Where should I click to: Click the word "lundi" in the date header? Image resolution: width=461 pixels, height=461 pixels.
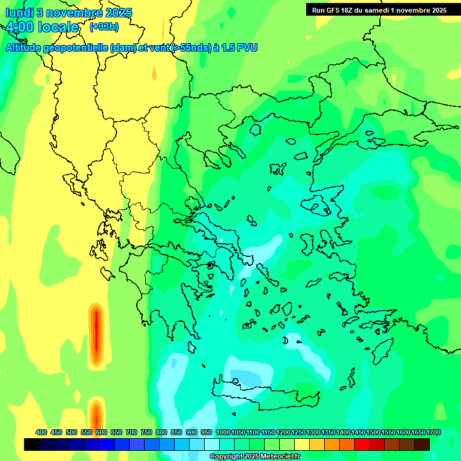coord(21,13)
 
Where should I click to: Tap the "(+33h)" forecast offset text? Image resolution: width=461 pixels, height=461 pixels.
coord(104,27)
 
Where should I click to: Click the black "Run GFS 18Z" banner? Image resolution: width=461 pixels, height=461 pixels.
coord(379,10)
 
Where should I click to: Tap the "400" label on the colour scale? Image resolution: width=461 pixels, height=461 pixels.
coord(41,432)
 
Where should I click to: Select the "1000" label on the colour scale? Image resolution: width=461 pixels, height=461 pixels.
coord(223,432)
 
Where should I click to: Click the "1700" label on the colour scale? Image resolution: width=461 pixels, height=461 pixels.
coord(434,432)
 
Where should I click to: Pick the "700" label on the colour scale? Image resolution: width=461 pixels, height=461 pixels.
coord(131,432)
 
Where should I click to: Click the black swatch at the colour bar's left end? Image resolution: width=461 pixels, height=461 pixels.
coord(32,444)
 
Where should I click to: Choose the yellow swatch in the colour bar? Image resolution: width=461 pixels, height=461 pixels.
coord(303,444)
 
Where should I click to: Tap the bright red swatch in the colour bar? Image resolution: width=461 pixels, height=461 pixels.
coord(363,444)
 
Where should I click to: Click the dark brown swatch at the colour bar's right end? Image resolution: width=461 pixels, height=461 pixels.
coord(423,444)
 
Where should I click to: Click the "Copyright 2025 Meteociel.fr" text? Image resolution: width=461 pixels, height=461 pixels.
coord(255,457)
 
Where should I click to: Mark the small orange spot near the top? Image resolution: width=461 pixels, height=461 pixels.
coord(154,74)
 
